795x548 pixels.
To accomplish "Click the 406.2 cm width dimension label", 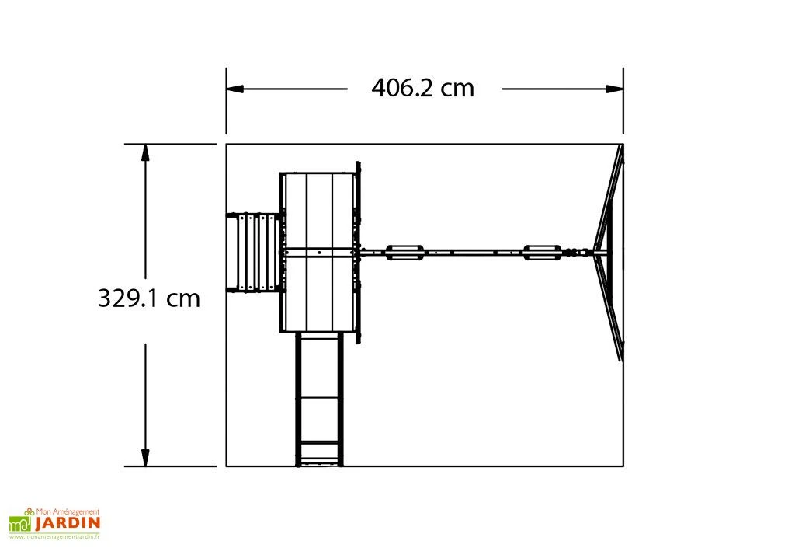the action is pos(423,88).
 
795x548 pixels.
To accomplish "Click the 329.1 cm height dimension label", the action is pos(149,298).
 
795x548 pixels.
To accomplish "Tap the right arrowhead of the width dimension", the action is pos(615,89).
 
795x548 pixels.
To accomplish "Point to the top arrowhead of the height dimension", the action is pos(145,152).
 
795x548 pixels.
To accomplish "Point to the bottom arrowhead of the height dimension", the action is pos(145,458).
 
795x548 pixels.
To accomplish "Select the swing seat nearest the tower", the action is pos(404,252).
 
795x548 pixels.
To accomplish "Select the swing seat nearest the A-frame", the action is pos(543,252).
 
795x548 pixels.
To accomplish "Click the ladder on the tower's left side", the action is pos(253,253).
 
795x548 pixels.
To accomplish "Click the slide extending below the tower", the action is pos(319,399).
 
